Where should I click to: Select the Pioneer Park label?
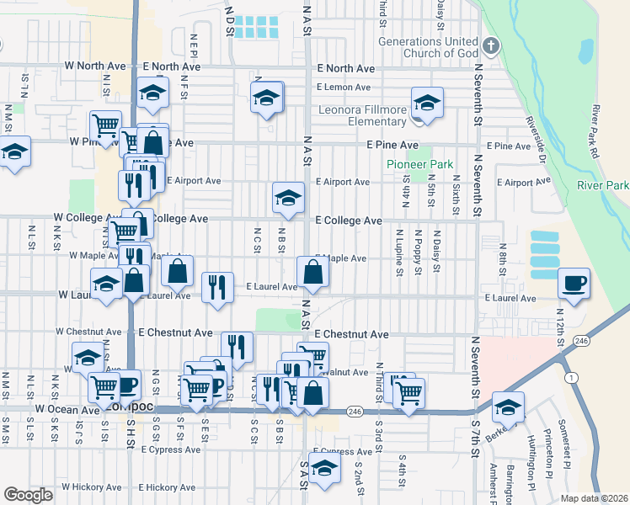(x=420, y=165)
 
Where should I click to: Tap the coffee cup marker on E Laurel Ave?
(x=574, y=283)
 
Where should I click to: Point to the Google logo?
(x=28, y=495)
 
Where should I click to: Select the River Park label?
(x=603, y=185)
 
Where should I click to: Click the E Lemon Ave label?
(x=344, y=87)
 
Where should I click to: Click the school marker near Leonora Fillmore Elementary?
(x=427, y=104)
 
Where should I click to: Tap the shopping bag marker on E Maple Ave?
(x=312, y=272)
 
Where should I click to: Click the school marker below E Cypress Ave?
(x=323, y=470)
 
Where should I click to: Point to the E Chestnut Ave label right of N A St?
(x=351, y=334)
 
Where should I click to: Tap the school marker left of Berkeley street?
(x=508, y=407)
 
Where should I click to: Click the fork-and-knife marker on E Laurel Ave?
(x=218, y=286)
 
